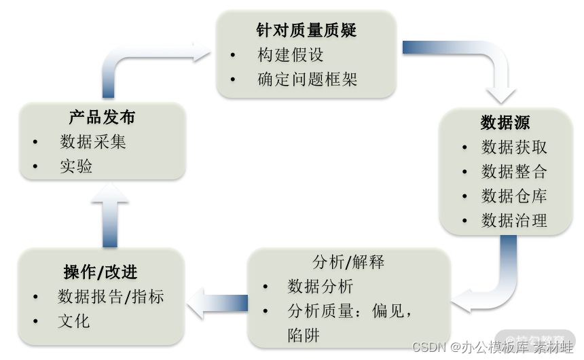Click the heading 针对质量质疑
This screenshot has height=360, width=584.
tap(306, 30)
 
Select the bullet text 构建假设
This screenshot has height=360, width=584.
tap(290, 54)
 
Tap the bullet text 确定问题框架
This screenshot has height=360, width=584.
tap(307, 79)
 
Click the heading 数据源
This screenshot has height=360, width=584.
tap(505, 122)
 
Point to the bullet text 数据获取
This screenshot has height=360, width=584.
tap(514, 147)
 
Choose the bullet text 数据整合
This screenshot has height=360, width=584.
tap(514, 171)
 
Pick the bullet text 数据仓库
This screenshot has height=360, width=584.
tap(514, 196)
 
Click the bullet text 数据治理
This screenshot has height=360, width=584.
tap(514, 220)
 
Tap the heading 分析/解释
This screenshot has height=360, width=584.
tap(348, 262)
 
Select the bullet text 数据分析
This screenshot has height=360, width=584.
tap(320, 287)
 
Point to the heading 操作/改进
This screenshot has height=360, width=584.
tap(101, 272)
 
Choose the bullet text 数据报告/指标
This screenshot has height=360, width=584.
tap(111, 297)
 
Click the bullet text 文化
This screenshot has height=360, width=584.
tap(74, 321)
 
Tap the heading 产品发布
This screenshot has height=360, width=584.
tap(102, 117)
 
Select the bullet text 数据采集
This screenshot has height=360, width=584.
tap(93, 142)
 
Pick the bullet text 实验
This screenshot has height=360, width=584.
tap(76, 166)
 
